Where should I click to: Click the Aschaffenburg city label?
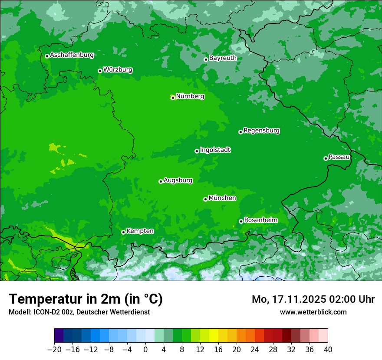72,55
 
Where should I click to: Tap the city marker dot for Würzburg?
100,71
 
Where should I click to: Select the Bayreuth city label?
223,58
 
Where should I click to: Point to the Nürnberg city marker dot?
173,98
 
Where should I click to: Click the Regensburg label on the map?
261,131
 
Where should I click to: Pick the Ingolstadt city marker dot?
197,151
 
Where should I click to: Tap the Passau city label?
339,157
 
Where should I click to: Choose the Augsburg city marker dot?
161,181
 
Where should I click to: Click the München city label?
222,198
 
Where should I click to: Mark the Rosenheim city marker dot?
241,221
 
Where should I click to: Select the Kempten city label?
140,231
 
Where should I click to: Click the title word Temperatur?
49,299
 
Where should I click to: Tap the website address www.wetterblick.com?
313,312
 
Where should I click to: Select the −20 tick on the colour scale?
55,350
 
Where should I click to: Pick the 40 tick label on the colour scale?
328,350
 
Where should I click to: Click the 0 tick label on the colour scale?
145,350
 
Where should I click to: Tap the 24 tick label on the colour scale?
255,350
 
